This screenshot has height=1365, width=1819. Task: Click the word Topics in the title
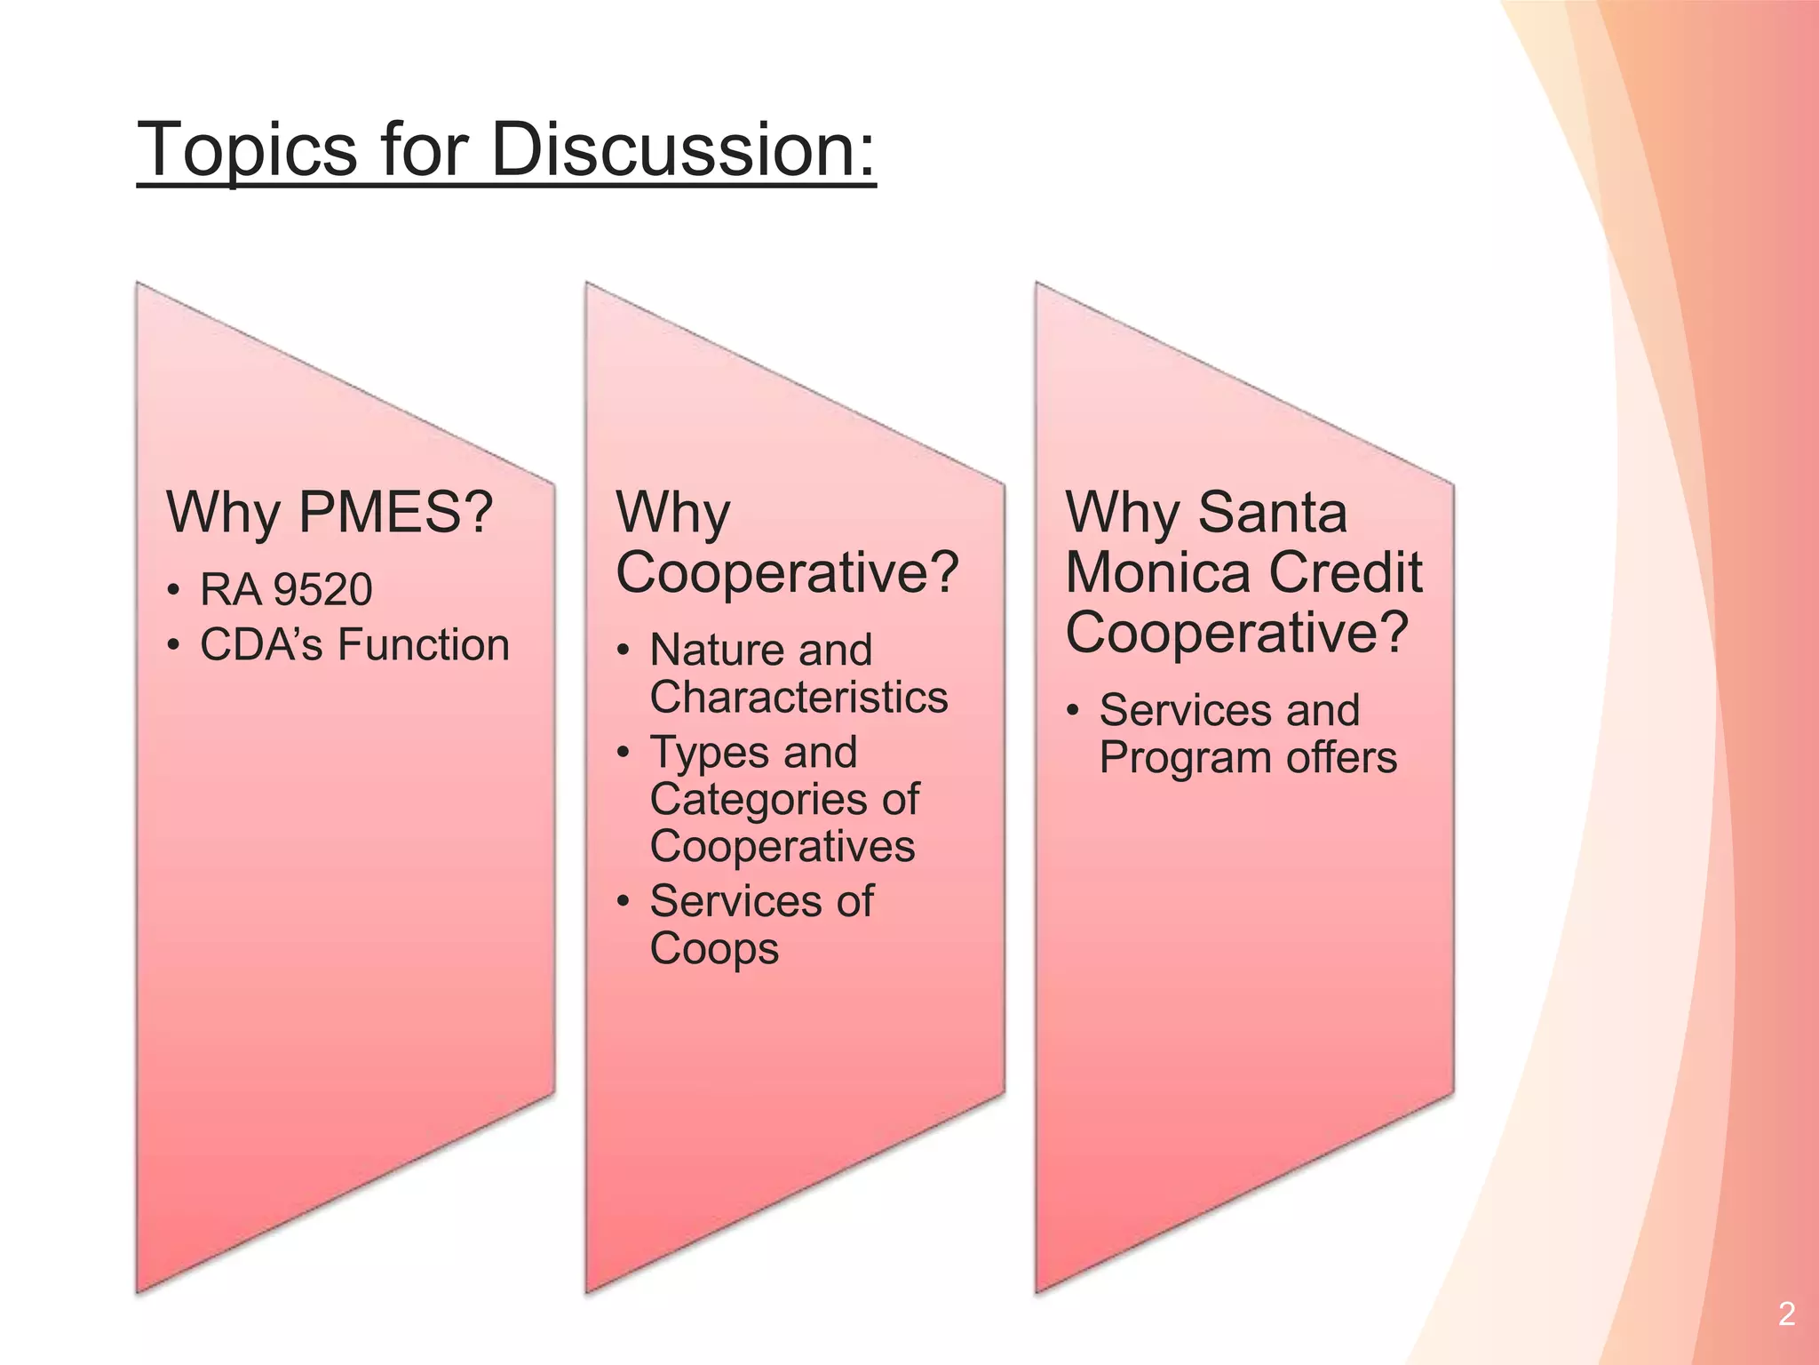click(246, 149)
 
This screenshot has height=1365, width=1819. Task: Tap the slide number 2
click(1787, 1313)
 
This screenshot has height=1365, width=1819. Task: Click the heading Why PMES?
click(330, 513)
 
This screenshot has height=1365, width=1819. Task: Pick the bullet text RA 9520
click(286, 590)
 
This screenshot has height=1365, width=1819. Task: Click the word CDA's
click(261, 645)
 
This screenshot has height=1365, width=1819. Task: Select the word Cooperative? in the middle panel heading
click(787, 573)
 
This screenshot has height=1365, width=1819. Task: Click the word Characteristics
click(798, 697)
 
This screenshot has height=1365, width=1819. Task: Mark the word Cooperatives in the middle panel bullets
click(782, 846)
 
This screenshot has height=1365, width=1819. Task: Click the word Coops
click(714, 949)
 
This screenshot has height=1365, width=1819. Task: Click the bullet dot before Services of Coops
click(624, 902)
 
